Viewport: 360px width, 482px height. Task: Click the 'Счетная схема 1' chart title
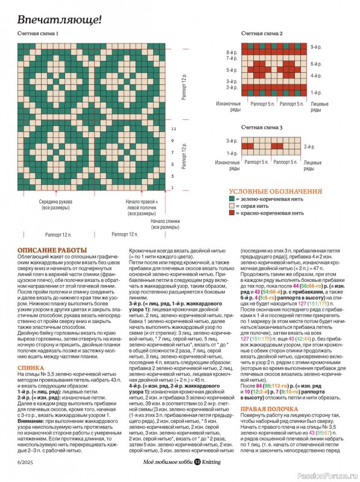point(38,34)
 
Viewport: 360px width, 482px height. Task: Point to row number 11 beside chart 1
point(173,129)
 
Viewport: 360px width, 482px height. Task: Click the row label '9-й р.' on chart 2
point(315,46)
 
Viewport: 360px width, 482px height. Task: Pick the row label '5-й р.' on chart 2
point(232,70)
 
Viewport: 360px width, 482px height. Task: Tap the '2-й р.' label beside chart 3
point(309,147)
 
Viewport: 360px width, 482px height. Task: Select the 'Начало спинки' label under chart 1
point(165,224)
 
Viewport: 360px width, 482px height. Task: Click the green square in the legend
point(231,198)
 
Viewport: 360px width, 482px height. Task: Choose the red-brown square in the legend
point(231,213)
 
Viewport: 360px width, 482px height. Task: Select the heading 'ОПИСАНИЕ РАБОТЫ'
point(52,250)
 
